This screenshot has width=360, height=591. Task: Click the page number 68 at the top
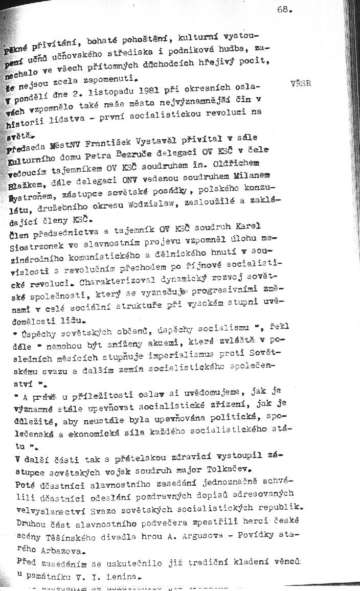coord(284,9)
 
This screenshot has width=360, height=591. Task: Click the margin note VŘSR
coord(301,83)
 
